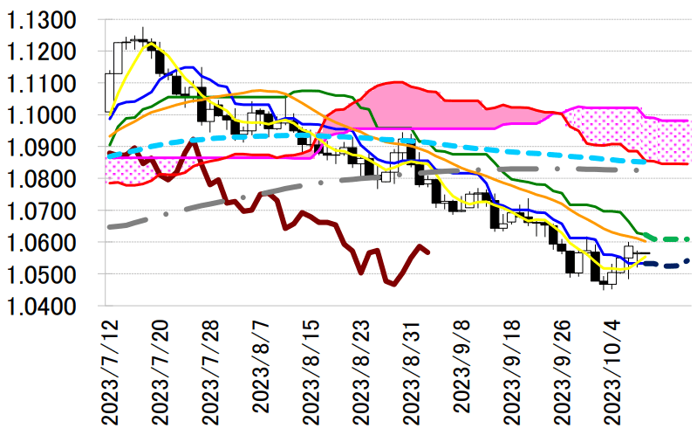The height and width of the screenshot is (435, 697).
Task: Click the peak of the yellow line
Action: tap(150, 43)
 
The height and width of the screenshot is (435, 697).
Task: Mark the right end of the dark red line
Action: tap(428, 252)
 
